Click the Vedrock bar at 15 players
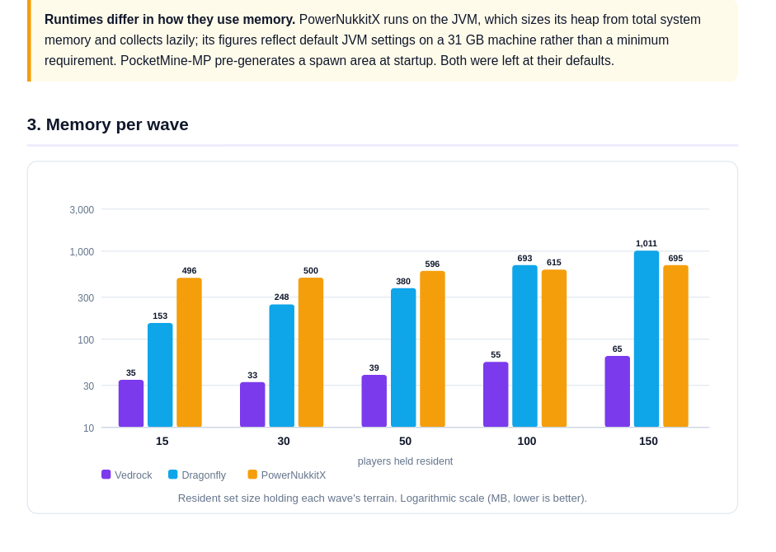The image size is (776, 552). tap(131, 404)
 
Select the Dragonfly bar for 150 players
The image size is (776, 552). tap(647, 339)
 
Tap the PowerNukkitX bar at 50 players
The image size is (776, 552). tap(433, 349)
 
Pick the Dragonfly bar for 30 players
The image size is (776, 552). tap(281, 366)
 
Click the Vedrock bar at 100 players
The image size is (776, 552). tap(496, 395)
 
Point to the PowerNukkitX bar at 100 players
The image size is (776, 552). tap(554, 349)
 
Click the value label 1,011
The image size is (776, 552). tap(647, 243)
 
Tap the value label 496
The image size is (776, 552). tap(189, 270)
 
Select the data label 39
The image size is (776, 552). tap(374, 368)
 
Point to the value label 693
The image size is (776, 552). tap(524, 258)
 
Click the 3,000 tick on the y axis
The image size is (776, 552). tap(82, 210)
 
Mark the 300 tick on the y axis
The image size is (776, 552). tap(86, 297)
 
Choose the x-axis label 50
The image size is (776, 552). tap(406, 442)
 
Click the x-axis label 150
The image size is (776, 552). tap(648, 442)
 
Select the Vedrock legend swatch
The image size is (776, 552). tap(106, 475)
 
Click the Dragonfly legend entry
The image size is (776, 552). tap(197, 475)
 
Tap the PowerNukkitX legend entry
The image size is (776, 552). tap(286, 475)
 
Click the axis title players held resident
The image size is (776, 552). tap(406, 461)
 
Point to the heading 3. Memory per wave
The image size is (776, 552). tap(108, 124)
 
